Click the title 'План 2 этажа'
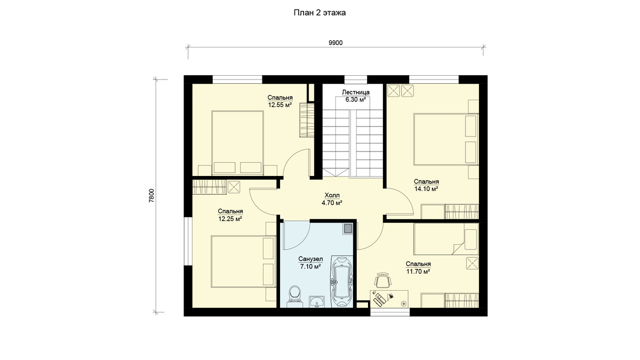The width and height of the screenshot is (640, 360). tap(319, 13)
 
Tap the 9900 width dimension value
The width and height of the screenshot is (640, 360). tap(335, 43)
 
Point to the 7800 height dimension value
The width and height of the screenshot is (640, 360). tap(151, 196)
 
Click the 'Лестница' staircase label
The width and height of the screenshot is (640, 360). tap(356, 92)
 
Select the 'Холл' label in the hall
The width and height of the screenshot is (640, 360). tap(332, 195)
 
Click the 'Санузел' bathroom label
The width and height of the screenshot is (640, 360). tap(310, 259)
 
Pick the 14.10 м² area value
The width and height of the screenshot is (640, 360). tap(426, 189)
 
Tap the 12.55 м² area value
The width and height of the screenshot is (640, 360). tap(279, 105)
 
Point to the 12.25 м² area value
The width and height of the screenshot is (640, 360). tap(230, 219)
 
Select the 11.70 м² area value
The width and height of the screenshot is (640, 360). tap(418, 271)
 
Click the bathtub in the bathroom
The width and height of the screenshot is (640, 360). tap(342, 282)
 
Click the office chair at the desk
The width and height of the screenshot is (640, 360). tap(382, 280)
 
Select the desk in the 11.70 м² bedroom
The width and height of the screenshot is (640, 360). tap(389, 299)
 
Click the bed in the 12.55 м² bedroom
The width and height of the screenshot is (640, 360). tap(237, 143)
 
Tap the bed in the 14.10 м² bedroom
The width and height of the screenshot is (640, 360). tap(446, 139)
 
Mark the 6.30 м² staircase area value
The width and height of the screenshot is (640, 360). tap(356, 100)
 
